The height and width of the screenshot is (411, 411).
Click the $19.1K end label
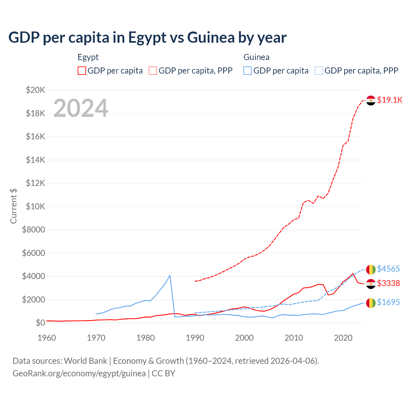tap(389, 100)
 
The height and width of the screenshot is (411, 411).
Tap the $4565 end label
tap(388, 269)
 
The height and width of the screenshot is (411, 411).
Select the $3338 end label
tap(388, 283)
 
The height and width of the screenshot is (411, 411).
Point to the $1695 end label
tap(388, 302)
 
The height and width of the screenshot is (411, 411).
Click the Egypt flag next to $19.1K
tap(371, 100)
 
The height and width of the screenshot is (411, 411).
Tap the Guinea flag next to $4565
tap(371, 269)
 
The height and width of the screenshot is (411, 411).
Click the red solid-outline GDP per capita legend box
tap(82, 71)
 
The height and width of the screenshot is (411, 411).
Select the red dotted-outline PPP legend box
tap(153, 71)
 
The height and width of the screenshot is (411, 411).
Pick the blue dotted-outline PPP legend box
tap(319, 71)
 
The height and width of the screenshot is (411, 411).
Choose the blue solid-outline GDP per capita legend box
tap(248, 71)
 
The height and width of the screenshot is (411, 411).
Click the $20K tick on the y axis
tap(35, 90)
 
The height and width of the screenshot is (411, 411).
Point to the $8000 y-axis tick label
tap(33, 230)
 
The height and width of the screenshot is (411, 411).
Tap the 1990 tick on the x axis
tap(195, 338)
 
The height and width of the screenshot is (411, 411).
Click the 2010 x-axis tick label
tap(294, 338)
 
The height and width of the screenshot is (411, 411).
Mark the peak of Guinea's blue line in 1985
tap(170, 275)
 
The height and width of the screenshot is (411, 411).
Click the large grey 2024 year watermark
tap(81, 108)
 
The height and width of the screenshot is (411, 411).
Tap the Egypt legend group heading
tap(88, 57)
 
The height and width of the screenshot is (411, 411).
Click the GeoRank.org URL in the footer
tap(79, 373)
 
